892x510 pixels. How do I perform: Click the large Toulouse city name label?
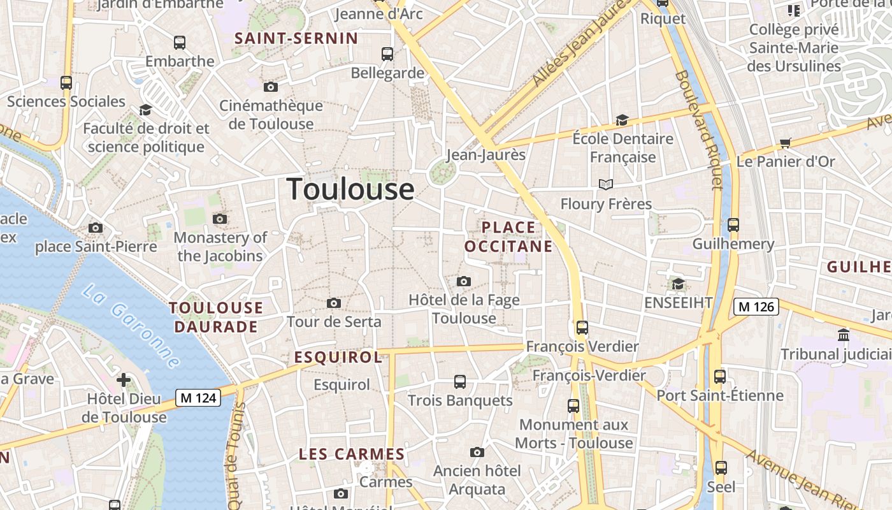pos(350,189)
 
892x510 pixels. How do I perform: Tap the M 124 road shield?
pos(198,398)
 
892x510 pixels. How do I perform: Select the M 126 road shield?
pos(756,307)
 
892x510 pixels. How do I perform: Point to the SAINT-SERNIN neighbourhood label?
pos(296,38)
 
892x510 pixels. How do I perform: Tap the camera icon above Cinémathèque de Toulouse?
pos(271,87)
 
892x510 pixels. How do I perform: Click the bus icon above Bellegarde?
pos(387,54)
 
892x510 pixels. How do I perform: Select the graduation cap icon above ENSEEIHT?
pos(678,284)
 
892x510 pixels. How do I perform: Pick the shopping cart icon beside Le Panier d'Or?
pos(786,143)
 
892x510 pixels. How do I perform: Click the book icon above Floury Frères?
pos(605,185)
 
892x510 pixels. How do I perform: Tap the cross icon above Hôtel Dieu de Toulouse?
pos(124,381)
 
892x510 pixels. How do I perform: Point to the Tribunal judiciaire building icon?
pos(844,335)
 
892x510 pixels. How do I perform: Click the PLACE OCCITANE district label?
pos(508,237)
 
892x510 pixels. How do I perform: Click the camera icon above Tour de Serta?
pos(333,303)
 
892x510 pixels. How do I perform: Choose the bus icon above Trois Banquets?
pos(459,382)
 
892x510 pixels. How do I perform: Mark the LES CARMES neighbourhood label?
pos(352,454)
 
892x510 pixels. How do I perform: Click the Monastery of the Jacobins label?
pos(220,247)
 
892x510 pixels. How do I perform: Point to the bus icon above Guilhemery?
pos(733,225)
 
